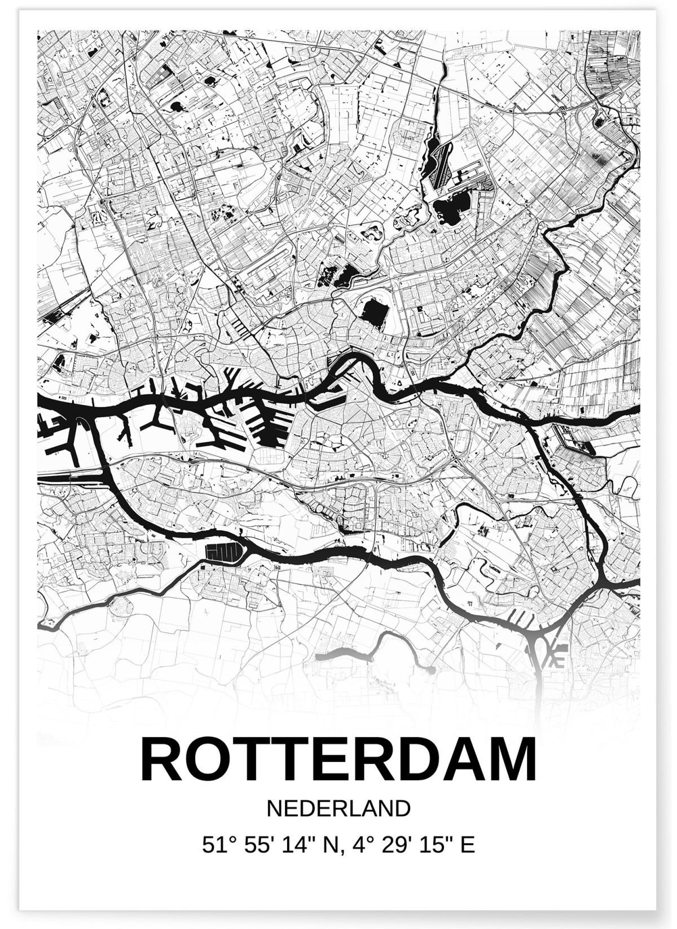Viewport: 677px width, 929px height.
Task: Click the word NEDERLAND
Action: click(338, 808)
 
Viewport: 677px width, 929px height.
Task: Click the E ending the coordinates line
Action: click(467, 844)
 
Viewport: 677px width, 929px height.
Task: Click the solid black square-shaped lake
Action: click(372, 314)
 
